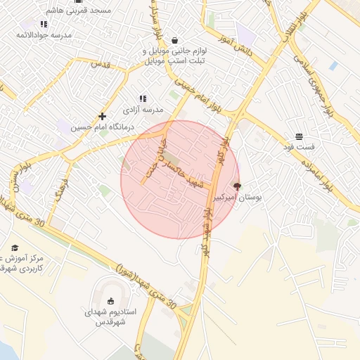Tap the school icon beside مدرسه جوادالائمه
pyautogui.click(x=44, y=24)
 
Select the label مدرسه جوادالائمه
pyautogui.click(x=44, y=34)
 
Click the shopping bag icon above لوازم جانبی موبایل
pyautogui.click(x=174, y=40)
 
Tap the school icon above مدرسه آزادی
pyautogui.click(x=143, y=99)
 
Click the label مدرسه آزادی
pyautogui.click(x=143, y=110)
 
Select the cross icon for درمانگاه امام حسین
pyautogui.click(x=103, y=115)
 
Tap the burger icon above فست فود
pyautogui.click(x=300, y=136)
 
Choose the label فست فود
pyautogui.click(x=300, y=146)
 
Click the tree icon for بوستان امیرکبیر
pyautogui.click(x=236, y=187)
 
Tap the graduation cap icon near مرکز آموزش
pyautogui.click(x=15, y=247)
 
